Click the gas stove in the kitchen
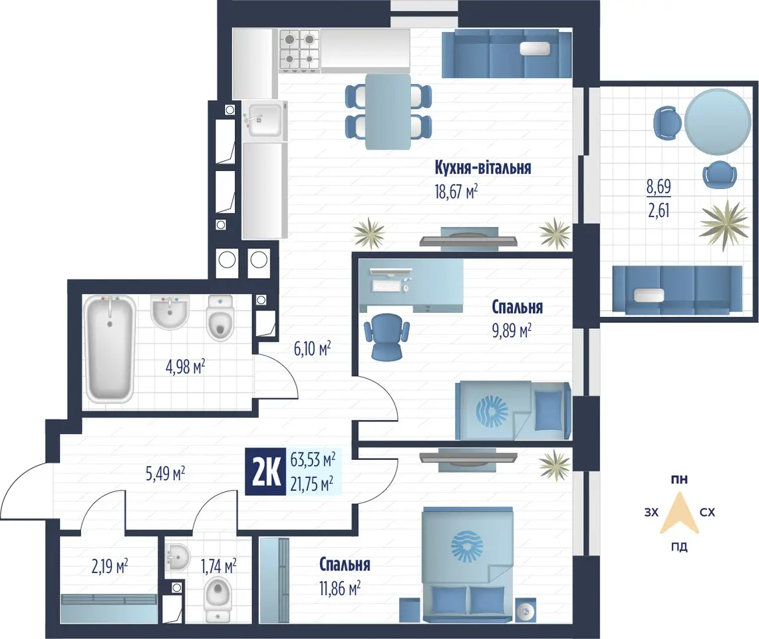point(299,50)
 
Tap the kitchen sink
point(264,120)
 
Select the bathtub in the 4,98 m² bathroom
point(109,349)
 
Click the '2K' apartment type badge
point(265,473)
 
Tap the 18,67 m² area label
point(456,192)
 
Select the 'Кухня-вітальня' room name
point(482,168)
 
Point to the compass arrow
point(679,513)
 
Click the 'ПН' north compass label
point(679,480)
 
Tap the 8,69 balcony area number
point(659,186)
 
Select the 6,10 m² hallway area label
point(312,348)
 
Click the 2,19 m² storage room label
point(110,565)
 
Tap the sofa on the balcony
point(677,290)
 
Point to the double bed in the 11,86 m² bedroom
point(467,564)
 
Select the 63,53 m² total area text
point(313,459)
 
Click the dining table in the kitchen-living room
point(388,111)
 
